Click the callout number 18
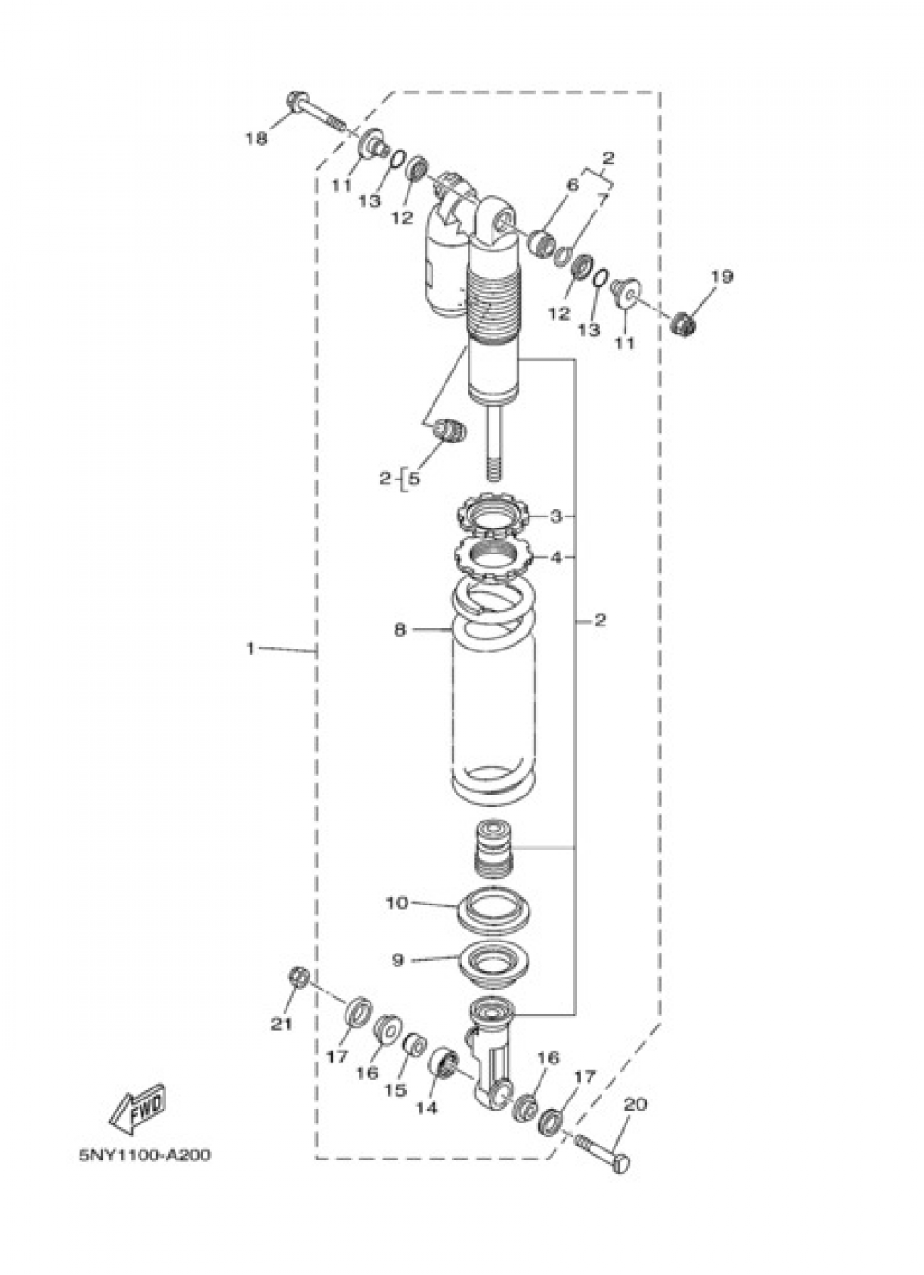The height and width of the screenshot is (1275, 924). (x=256, y=139)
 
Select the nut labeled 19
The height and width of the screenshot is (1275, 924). (x=684, y=323)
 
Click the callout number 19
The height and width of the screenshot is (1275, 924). (x=722, y=275)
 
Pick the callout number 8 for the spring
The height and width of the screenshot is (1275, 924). (x=399, y=629)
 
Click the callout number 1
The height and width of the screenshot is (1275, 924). (x=249, y=649)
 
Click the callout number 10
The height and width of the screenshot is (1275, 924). (x=396, y=903)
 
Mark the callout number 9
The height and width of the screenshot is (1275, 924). (x=397, y=961)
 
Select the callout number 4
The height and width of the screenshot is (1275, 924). (x=555, y=557)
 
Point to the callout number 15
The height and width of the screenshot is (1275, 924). (x=395, y=1090)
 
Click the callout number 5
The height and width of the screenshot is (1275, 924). (x=413, y=479)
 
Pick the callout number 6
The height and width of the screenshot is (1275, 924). (x=573, y=185)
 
